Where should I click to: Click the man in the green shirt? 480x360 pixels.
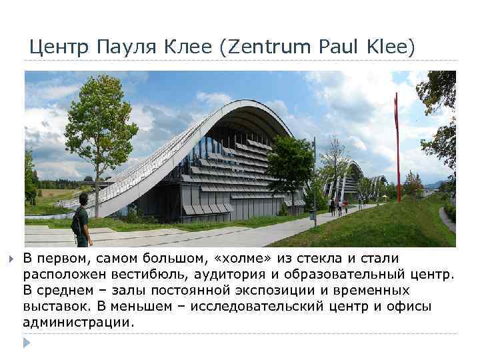click(x=81, y=221)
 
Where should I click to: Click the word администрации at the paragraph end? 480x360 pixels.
click(x=78, y=322)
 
